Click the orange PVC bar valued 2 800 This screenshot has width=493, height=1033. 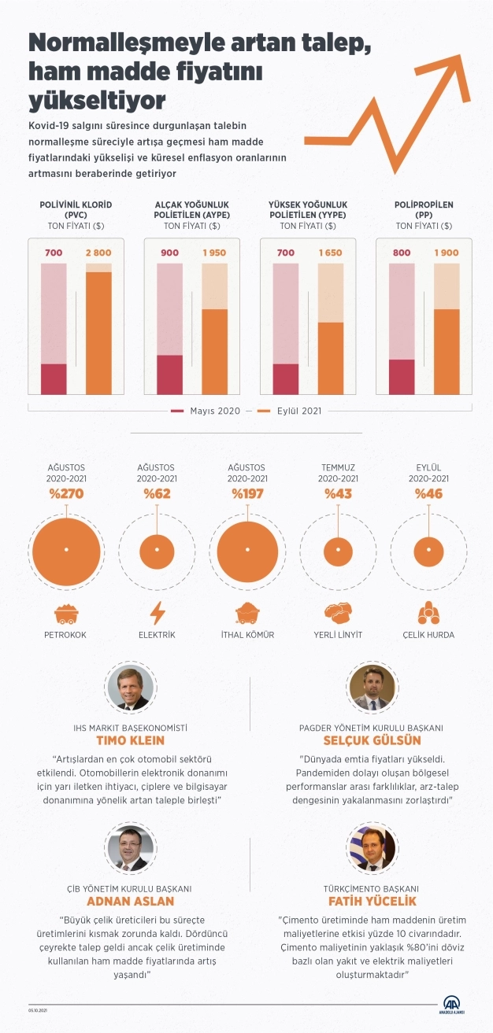98,333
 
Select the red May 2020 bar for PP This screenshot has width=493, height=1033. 402,377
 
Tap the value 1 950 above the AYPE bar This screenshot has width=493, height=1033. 214,253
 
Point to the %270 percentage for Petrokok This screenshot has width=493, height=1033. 66,495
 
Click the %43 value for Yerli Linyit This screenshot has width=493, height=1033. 338,495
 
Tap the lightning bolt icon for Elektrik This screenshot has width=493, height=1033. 157,612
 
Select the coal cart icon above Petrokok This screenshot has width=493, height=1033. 66,613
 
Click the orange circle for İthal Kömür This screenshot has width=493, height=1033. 247,549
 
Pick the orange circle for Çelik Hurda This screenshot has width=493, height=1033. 428,549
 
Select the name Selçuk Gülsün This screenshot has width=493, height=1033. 372,740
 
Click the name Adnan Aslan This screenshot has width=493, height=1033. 129,901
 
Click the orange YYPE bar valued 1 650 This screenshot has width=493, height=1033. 331,358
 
